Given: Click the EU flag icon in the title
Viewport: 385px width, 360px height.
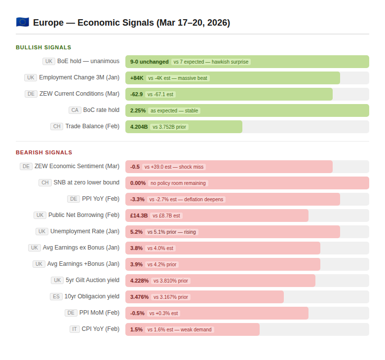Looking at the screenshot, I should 22,22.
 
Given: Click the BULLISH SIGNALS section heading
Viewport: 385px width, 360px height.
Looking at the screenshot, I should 43,47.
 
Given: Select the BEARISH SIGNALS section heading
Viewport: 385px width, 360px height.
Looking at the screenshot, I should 44,152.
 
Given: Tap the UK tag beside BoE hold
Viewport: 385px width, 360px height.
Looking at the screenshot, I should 48,61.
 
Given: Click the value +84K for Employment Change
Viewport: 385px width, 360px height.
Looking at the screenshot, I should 137,78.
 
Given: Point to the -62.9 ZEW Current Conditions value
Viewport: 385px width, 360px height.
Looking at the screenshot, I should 136,94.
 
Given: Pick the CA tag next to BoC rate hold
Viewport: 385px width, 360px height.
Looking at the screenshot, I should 75,110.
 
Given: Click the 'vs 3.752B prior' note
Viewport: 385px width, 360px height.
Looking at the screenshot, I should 169,127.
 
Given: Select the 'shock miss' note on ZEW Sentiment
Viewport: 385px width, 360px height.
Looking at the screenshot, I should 174,167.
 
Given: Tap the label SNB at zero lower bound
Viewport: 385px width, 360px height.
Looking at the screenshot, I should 86,182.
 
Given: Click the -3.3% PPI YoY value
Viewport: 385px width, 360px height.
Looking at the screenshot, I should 137,199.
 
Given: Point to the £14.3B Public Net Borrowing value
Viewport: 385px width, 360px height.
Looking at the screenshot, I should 139,216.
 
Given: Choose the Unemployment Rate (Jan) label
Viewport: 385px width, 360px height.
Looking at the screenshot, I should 85,231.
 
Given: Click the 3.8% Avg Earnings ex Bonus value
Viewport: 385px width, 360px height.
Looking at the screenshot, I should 136,248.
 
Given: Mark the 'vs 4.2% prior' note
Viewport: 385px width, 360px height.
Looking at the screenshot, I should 162,264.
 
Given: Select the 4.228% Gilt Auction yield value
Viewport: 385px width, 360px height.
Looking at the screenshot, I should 139,281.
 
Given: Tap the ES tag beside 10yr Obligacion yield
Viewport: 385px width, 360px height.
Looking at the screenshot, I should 56,296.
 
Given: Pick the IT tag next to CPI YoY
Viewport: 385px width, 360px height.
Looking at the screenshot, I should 75,329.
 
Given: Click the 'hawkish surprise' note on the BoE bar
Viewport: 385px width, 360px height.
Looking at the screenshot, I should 211,62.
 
